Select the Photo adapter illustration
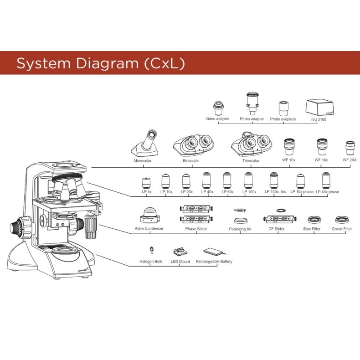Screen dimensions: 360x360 (252, 103)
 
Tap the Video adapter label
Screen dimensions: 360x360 (217, 119)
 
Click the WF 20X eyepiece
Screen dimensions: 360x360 (350, 148)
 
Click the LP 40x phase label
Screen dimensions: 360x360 (327, 192)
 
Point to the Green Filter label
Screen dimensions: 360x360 (342, 229)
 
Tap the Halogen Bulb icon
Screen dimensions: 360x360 (151, 250)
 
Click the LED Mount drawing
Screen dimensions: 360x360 (180, 252)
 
